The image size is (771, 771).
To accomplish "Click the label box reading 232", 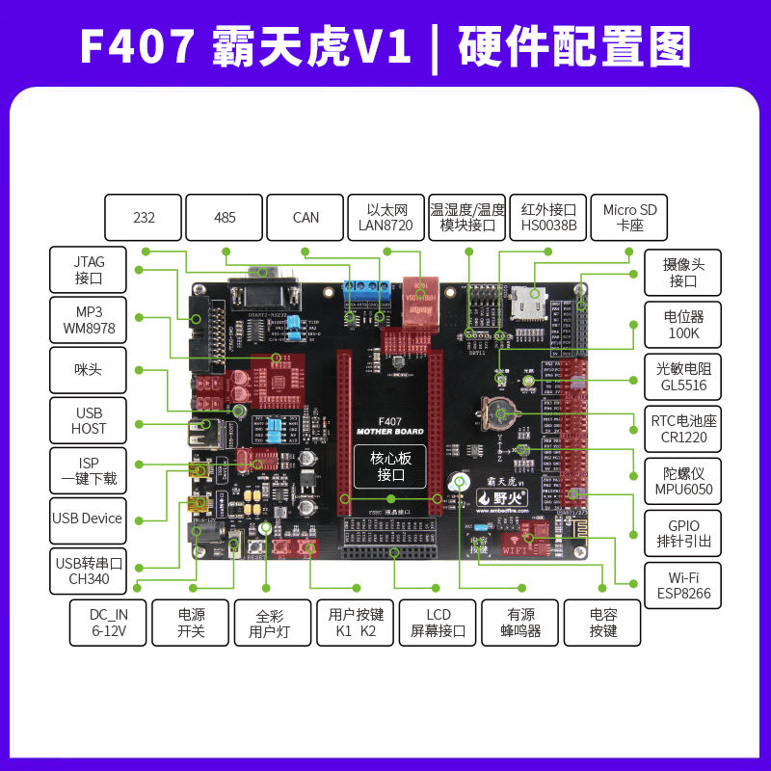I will (144, 218).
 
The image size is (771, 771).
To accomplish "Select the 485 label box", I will (225, 218).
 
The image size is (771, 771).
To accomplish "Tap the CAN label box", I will (306, 218).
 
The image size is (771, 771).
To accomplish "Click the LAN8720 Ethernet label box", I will (386, 218).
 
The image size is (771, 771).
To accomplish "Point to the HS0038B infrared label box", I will (548, 218).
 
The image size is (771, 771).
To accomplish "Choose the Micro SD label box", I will (629, 218).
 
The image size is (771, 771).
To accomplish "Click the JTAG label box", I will (89, 271).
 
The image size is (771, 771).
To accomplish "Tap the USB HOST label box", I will (89, 420).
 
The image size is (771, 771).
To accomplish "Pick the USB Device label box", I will (89, 518).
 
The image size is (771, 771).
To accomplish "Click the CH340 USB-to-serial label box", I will (89, 572).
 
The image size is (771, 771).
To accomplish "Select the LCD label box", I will (439, 623).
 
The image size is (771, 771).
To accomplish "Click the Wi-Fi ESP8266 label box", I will (683, 584).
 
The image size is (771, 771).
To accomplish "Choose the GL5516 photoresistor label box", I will (683, 376).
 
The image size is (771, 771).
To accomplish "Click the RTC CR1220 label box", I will (683, 428).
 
